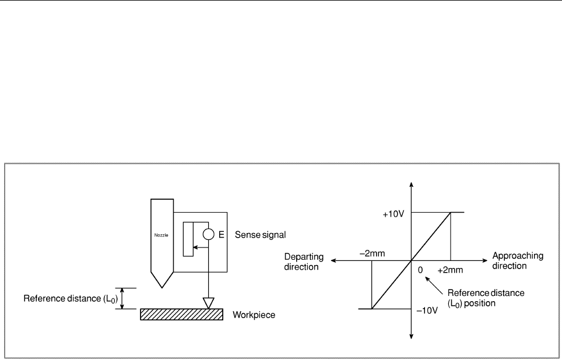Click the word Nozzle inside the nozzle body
click(x=161, y=235)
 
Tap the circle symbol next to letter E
click(x=209, y=234)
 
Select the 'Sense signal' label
click(x=260, y=235)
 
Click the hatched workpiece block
click(x=182, y=314)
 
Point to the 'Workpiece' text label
click(x=254, y=315)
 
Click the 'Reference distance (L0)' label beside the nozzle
click(x=71, y=299)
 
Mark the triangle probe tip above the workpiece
click(x=208, y=303)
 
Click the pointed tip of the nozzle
click(x=162, y=287)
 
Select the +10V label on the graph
click(x=394, y=214)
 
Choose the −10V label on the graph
click(x=427, y=310)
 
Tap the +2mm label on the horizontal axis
click(x=450, y=270)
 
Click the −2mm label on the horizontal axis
click(x=372, y=253)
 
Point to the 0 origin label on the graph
click(x=420, y=270)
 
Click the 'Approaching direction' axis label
click(x=518, y=261)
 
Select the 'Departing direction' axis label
click(x=304, y=262)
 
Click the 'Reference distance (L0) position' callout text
click(x=486, y=298)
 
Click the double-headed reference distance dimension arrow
click(x=122, y=298)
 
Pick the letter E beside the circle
click(x=221, y=235)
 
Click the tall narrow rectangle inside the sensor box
click(x=188, y=239)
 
